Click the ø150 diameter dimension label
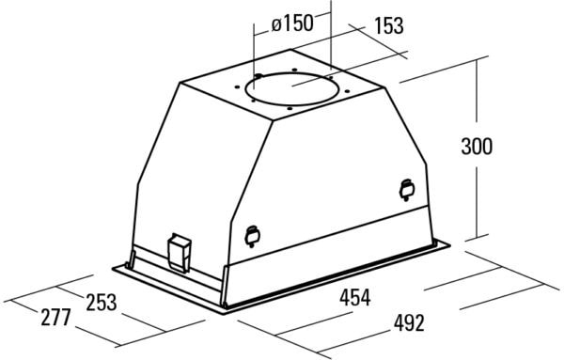[x=292, y=23]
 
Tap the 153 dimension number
[x=389, y=26]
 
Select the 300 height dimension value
[x=477, y=147]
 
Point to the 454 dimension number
[x=354, y=298]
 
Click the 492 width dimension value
[x=409, y=322]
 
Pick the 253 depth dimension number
[x=102, y=302]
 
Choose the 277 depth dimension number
[x=55, y=317]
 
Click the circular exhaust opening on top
[x=291, y=89]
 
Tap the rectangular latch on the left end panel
[x=180, y=253]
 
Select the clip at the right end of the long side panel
[x=407, y=190]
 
